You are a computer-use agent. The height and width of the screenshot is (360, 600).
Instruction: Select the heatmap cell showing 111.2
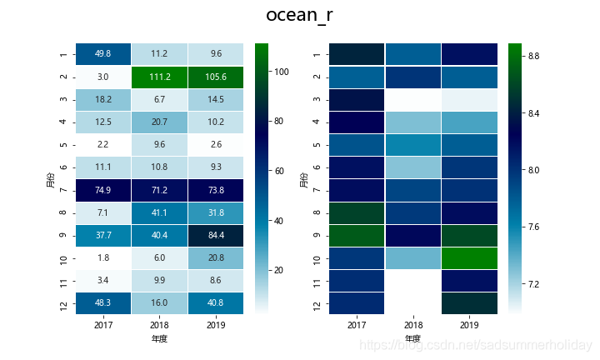click(x=161, y=77)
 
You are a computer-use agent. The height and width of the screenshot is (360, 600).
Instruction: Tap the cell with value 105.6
click(x=217, y=77)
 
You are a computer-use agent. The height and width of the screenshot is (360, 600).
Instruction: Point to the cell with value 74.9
click(x=104, y=190)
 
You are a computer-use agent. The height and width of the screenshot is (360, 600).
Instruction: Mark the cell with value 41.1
click(x=161, y=212)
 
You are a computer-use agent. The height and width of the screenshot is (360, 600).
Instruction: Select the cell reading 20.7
click(x=161, y=122)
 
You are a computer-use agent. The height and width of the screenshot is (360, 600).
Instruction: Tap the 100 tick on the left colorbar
click(x=281, y=72)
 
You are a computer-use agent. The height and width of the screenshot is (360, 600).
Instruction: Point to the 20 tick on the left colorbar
click(x=281, y=270)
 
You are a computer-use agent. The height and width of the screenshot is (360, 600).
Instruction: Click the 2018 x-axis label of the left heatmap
click(x=161, y=325)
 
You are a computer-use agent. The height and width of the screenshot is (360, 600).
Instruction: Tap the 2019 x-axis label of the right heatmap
click(x=471, y=325)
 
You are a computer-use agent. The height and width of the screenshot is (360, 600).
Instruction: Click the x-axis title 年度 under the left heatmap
click(x=161, y=339)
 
